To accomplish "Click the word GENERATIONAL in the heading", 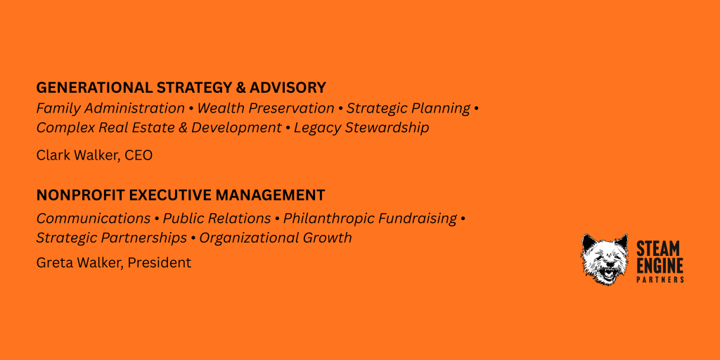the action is click(95, 87).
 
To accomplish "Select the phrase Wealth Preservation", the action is click(266, 108).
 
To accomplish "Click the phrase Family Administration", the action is click(110, 108).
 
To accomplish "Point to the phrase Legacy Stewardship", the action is click(361, 128).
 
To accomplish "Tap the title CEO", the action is click(139, 155).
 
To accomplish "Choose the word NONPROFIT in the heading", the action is click(81, 195).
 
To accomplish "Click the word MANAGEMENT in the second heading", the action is click(271, 195).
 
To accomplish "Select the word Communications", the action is click(94, 219).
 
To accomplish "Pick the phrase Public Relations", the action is click(217, 219).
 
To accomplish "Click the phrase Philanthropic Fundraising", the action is click(370, 219).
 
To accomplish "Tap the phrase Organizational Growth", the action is click(276, 238).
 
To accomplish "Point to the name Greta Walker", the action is click(79, 263).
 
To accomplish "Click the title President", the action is click(159, 263).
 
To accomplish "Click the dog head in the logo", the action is click(605, 259).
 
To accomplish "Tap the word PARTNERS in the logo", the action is click(660, 280).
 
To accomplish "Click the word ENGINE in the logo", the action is click(660, 265).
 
